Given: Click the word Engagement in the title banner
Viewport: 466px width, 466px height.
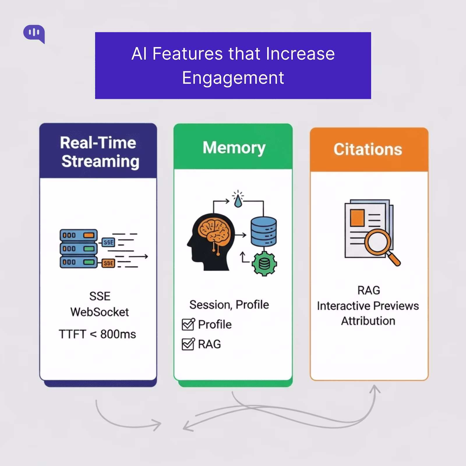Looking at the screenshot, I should click(233, 78).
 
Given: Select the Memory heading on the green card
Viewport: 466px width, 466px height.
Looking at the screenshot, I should click(234, 148).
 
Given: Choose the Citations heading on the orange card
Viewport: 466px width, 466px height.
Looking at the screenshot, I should click(368, 149).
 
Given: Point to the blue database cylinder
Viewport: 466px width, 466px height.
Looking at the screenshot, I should click(264, 232).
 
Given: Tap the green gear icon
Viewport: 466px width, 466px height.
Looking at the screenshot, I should click(264, 263).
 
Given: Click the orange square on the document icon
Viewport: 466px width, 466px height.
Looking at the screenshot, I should click(357, 218).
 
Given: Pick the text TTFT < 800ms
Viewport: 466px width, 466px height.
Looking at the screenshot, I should click(97, 334).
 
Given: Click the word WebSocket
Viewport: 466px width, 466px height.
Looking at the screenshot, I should click(99, 312).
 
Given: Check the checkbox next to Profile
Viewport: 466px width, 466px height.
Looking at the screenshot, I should click(188, 324).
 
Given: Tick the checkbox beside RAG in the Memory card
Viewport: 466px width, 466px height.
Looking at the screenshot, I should click(188, 344).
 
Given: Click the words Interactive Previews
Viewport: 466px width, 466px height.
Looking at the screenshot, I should click(368, 306).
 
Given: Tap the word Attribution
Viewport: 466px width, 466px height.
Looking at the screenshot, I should click(368, 321).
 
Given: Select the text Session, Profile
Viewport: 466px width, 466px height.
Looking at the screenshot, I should click(229, 305).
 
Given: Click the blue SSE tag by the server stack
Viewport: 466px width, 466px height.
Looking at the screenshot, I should click(108, 242).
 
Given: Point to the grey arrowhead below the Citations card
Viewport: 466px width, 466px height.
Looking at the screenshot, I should click(376, 389).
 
